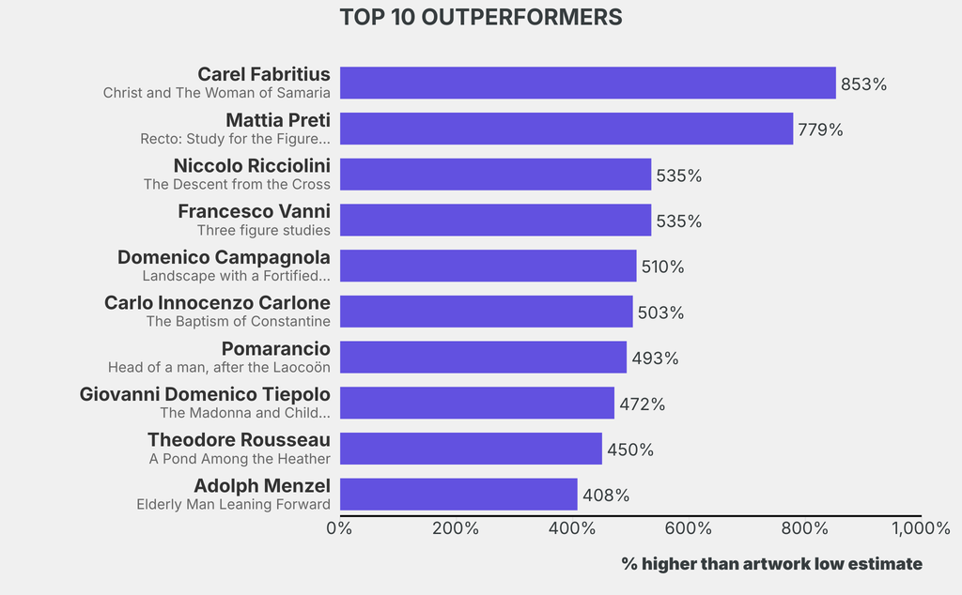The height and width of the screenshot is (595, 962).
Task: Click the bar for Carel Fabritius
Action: [587, 83]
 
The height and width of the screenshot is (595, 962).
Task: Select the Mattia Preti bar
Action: [566, 129]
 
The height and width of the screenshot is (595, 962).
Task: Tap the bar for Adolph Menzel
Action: [458, 495]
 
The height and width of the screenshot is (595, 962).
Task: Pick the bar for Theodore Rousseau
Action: [470, 449]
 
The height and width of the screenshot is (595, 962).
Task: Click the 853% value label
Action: [863, 84]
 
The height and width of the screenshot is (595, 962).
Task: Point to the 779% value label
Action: [820, 130]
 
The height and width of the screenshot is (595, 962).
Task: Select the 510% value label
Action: [662, 267]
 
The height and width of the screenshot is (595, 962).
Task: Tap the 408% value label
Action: [605, 495]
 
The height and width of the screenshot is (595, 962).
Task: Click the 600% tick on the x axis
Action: [689, 527]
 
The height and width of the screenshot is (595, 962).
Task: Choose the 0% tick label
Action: [339, 527]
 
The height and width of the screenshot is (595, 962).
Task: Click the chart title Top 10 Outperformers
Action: [480, 17]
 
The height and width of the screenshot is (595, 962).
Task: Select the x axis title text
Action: [771, 563]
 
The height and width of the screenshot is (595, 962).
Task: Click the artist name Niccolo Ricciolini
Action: [252, 165]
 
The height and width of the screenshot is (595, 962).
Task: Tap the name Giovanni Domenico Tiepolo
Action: [205, 394]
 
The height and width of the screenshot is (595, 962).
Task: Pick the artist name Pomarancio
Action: [275, 348]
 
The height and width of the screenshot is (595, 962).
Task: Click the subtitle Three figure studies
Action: [263, 230]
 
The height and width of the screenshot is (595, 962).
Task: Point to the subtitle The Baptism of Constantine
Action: [238, 321]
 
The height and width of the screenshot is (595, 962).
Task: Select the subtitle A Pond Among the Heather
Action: [240, 459]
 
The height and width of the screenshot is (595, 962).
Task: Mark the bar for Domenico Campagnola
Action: [488, 266]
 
